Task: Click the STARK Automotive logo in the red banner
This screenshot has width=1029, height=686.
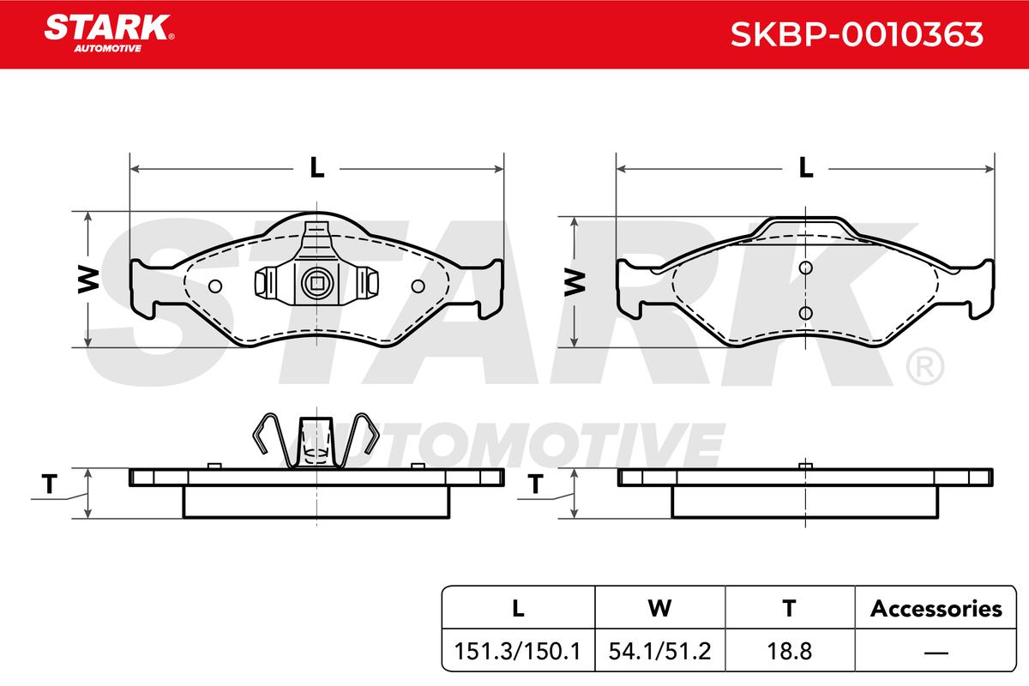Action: pos(109,33)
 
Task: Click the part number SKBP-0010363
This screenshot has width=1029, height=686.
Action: pos(857,34)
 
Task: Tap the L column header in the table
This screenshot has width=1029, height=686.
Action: pos(518,608)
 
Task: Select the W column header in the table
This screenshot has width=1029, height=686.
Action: pos(659,608)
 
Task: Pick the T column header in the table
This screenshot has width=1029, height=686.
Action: pos(789,608)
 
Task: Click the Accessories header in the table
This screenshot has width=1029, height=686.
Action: pos(936,608)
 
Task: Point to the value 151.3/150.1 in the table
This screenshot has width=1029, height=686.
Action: pos(518,651)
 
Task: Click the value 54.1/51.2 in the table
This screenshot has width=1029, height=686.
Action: pos(659,651)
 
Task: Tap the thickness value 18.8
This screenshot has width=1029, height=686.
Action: pos(790,651)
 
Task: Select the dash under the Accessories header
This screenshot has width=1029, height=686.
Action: pos(936,652)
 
